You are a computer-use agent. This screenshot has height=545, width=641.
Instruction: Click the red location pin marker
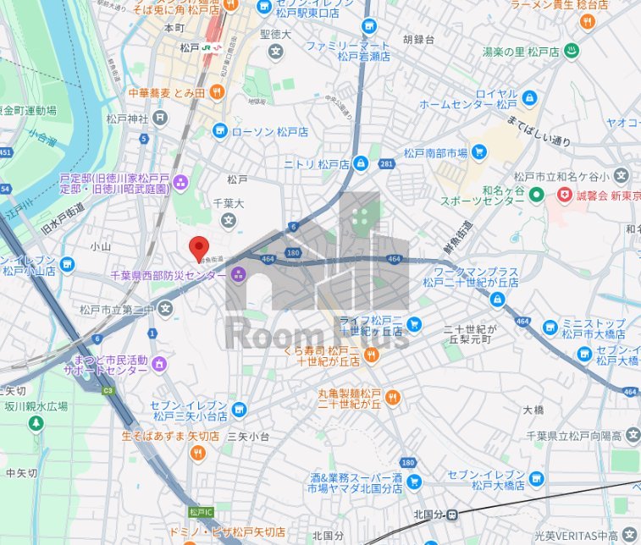pyautogui.click(x=198, y=247)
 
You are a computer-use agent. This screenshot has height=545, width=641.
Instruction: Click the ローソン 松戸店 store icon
pyautogui.click(x=219, y=131)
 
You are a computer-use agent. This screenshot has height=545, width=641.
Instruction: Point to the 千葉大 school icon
pyautogui.click(x=228, y=220)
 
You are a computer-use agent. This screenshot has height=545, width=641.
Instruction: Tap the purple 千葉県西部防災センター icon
pyautogui.click(x=238, y=274)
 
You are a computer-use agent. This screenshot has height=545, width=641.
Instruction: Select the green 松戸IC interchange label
pyautogui.click(x=202, y=512)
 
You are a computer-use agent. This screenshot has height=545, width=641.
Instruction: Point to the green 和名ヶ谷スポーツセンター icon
pyautogui.click(x=535, y=195)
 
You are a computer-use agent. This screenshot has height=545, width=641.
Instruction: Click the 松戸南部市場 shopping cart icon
pyautogui.click(x=480, y=153)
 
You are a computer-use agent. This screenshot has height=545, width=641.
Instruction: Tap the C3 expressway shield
pyautogui.click(x=108, y=390)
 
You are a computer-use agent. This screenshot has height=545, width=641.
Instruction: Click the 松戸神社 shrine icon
pyautogui.click(x=158, y=118)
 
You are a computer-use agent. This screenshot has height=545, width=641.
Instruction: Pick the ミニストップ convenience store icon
pyautogui.click(x=550, y=327)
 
